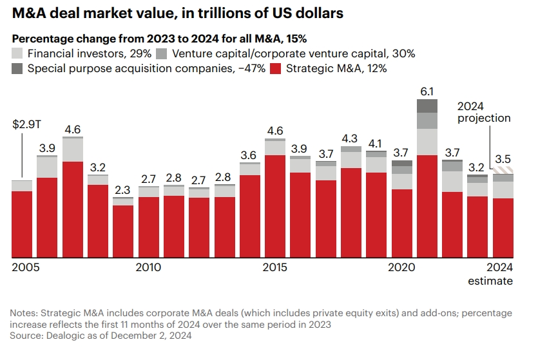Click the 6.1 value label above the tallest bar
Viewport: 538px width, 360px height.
click(x=427, y=91)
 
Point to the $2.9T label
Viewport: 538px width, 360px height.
click(x=25, y=124)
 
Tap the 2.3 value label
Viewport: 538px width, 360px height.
click(x=122, y=190)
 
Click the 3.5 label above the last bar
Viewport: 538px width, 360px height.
click(x=503, y=159)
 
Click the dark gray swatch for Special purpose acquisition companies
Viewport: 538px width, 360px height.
click(x=17, y=68)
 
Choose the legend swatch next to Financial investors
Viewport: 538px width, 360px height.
click(x=17, y=53)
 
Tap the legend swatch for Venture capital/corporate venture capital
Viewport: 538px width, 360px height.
click(x=162, y=53)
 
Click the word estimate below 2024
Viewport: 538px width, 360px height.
click(x=490, y=281)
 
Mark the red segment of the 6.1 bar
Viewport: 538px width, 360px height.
click(x=427, y=206)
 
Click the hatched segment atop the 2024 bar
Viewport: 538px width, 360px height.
click(x=503, y=171)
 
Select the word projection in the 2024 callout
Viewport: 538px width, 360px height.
click(x=484, y=118)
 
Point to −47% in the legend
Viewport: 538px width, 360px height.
click(x=251, y=68)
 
